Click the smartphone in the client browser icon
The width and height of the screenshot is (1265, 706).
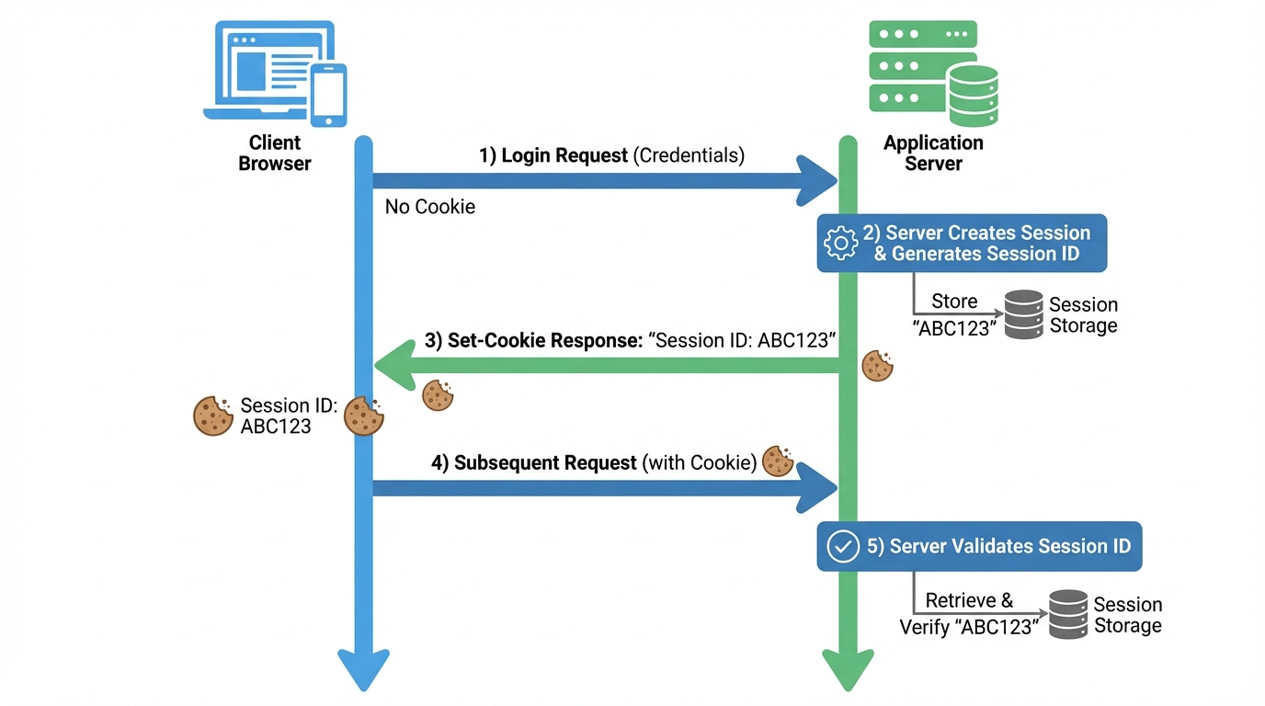coord(329,95)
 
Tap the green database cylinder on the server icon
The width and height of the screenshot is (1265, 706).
coord(973,95)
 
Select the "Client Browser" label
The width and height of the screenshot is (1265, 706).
coord(275,153)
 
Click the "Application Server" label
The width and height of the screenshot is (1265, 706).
coord(933,153)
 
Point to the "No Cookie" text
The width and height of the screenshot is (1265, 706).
coord(429,207)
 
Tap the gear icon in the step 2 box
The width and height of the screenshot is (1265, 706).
coord(840,243)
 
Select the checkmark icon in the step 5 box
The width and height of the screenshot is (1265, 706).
coord(843,546)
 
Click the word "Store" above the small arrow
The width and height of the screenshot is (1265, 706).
coord(954,301)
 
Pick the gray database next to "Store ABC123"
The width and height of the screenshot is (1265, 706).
coord(1024,314)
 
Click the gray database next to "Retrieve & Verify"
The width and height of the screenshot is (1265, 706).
coord(1068,614)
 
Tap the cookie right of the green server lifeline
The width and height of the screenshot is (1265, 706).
coord(878,366)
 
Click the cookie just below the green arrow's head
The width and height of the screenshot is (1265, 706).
coord(438,395)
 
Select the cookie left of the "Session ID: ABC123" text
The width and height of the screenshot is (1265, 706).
coord(213,416)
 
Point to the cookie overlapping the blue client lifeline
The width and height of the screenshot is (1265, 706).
coord(364,416)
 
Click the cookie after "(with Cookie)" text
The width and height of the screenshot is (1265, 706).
coord(778,461)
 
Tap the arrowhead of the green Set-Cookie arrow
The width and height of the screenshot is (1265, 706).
coord(395,366)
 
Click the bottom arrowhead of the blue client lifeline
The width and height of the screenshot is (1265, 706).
coord(364,669)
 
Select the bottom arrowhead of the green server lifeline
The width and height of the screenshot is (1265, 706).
coord(849,669)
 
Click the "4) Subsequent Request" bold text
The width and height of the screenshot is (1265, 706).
coord(533,463)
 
